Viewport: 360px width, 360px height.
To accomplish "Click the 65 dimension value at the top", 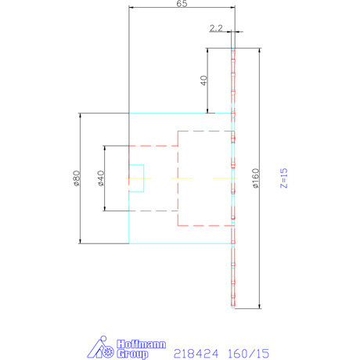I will (x=182, y=4).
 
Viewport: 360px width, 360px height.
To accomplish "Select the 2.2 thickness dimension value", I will (x=217, y=27).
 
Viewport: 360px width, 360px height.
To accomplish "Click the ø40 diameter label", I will (x=101, y=178).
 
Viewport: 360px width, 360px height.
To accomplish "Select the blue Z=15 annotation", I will (x=284, y=178).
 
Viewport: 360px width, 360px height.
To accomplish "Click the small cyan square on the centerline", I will (x=136, y=178).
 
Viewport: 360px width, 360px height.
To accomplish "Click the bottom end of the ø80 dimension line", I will (x=80, y=243).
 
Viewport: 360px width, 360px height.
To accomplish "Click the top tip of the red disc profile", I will (x=233, y=49).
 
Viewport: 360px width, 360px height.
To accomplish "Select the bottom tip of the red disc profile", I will (x=233, y=305).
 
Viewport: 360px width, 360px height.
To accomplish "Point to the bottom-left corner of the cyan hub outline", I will (x=128, y=243).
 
